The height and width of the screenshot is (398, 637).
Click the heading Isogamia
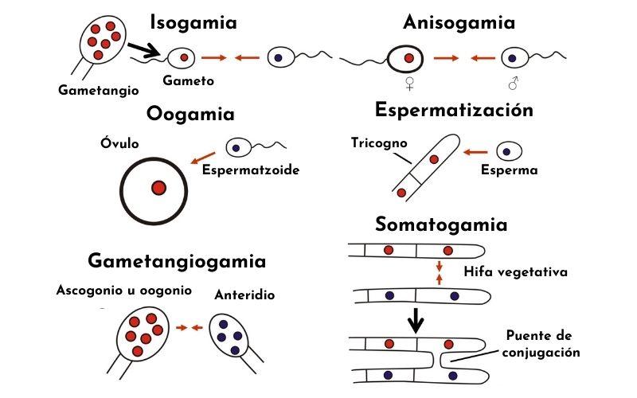[x=193, y=22]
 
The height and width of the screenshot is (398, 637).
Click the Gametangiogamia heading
[x=177, y=260]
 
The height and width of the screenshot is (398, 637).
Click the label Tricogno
[x=379, y=143]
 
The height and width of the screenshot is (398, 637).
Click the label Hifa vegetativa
[x=515, y=272]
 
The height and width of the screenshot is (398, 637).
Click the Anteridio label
[x=244, y=295]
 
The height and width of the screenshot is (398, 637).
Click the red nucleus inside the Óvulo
[x=158, y=188]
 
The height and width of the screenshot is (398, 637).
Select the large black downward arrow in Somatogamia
[x=416, y=321]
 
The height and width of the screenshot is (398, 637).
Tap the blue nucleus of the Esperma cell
[x=506, y=151]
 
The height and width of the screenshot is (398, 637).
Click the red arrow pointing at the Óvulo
[x=202, y=158]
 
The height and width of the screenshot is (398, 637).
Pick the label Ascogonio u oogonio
[x=123, y=291]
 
